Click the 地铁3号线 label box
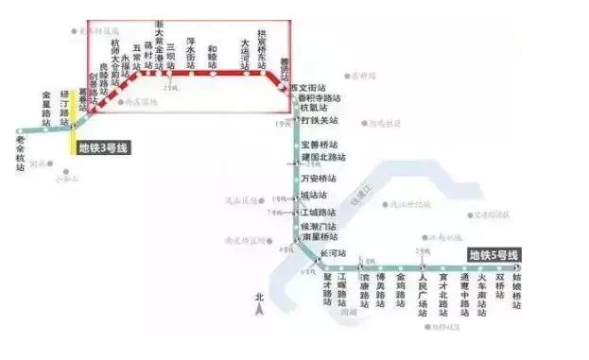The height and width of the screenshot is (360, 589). click(x=102, y=147)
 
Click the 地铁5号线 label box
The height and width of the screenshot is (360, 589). click(x=494, y=255)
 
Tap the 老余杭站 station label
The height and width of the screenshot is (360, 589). click(x=22, y=152)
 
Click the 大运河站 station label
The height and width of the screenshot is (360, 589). click(x=245, y=53)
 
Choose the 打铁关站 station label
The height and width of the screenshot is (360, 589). click(x=320, y=120)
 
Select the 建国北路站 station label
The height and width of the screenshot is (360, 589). click(x=323, y=157)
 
